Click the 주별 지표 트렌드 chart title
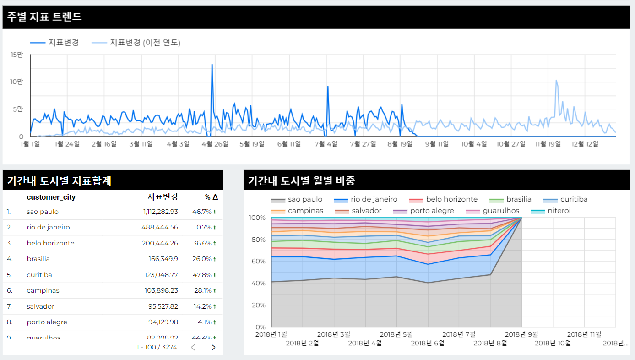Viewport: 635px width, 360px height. tap(44, 17)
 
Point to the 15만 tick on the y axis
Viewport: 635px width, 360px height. tap(17, 55)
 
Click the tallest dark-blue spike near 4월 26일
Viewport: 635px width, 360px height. tap(212, 65)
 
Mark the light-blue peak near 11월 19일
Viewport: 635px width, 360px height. tap(556, 81)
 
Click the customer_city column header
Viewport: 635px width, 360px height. tap(51, 197)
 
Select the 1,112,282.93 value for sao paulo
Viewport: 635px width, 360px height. tap(160, 212)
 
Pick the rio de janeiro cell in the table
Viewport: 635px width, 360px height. tap(48, 228)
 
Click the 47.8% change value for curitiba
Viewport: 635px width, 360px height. tap(202, 275)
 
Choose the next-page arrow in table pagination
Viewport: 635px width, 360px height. tap(213, 347)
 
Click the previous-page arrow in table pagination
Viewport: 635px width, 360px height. tap(193, 347)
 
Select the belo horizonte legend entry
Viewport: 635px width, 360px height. tap(451, 200)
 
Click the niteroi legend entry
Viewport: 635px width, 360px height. tap(559, 211)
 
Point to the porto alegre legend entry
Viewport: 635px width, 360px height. tap(432, 211)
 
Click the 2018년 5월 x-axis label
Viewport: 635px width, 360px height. tap(396, 334)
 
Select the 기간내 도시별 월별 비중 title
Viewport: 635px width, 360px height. tap(301, 180)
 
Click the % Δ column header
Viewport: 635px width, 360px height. tap(212, 197)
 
